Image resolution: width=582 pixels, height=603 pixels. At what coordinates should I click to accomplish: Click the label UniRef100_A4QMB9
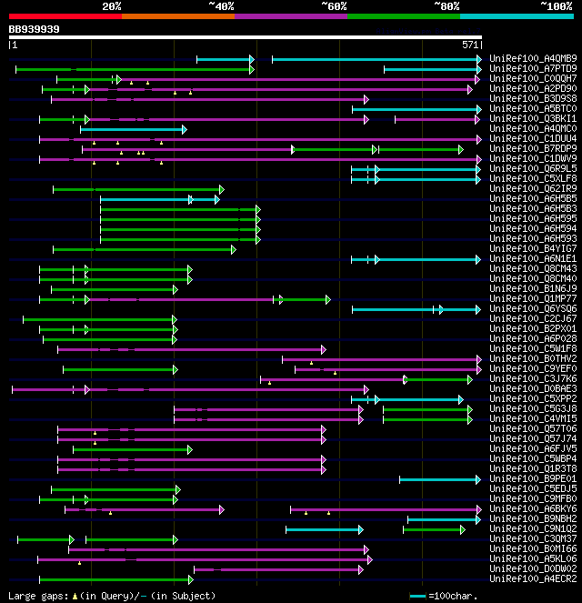point(533,58)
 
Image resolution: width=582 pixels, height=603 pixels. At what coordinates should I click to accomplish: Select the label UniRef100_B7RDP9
point(533,148)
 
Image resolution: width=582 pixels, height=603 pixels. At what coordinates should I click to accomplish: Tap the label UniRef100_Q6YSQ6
point(533,308)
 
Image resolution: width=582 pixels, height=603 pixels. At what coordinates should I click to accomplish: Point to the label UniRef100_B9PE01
point(533,478)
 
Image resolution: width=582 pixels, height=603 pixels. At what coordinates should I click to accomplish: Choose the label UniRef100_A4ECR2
point(533,578)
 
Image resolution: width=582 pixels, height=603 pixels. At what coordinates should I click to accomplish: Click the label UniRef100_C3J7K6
point(533,378)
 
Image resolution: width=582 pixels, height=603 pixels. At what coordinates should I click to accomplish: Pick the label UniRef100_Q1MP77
point(533,298)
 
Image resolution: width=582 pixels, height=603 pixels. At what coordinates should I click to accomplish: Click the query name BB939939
point(35,29)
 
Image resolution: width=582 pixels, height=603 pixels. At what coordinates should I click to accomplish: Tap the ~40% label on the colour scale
point(221,6)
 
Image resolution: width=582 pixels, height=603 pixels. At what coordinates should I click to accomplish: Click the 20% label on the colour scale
point(112,6)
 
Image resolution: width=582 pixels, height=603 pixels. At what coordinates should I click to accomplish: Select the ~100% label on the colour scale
point(557,6)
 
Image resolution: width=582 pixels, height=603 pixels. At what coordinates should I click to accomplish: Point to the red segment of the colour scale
point(65,15)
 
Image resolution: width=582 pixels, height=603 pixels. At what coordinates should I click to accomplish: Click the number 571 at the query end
point(470,44)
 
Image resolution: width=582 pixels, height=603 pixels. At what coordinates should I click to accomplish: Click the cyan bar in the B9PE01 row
point(439,479)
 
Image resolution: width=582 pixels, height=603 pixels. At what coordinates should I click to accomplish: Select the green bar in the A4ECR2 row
point(115,579)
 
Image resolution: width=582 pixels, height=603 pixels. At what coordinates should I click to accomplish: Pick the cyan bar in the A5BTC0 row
point(416,109)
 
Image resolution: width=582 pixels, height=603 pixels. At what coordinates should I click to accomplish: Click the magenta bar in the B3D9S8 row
point(209,99)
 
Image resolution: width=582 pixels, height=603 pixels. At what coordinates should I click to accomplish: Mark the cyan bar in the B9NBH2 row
point(443,519)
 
